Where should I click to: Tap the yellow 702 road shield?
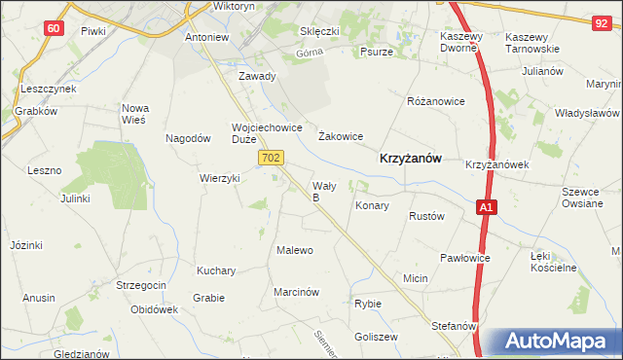[x=273, y=158]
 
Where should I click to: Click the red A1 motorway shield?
[x=487, y=207]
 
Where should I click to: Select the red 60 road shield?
[x=54, y=28]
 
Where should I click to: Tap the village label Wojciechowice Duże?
[x=260, y=132]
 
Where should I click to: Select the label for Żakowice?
[x=341, y=137]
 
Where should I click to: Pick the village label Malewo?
[x=295, y=250]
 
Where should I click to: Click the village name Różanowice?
[x=435, y=101]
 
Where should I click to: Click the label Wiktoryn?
[x=234, y=7]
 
